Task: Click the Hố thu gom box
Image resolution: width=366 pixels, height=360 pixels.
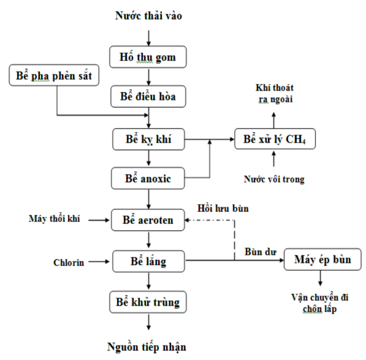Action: click(148, 56)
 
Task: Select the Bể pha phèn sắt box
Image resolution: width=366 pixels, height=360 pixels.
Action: click(54, 76)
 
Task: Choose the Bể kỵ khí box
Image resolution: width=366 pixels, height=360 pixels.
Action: click(148, 140)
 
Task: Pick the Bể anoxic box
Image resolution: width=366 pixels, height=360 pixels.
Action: click(148, 179)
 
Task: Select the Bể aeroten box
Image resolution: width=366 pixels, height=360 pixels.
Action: click(148, 219)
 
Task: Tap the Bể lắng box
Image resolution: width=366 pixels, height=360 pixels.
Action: click(148, 262)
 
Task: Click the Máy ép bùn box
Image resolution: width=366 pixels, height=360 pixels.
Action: click(323, 260)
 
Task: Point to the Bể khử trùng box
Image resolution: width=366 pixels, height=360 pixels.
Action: click(148, 302)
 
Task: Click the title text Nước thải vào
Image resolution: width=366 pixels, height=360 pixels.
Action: click(148, 15)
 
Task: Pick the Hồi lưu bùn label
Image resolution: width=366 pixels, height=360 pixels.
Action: click(222, 208)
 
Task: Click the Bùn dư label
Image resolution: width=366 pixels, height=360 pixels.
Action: click(257, 251)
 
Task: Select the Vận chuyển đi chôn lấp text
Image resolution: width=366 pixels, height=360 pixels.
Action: click(319, 303)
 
